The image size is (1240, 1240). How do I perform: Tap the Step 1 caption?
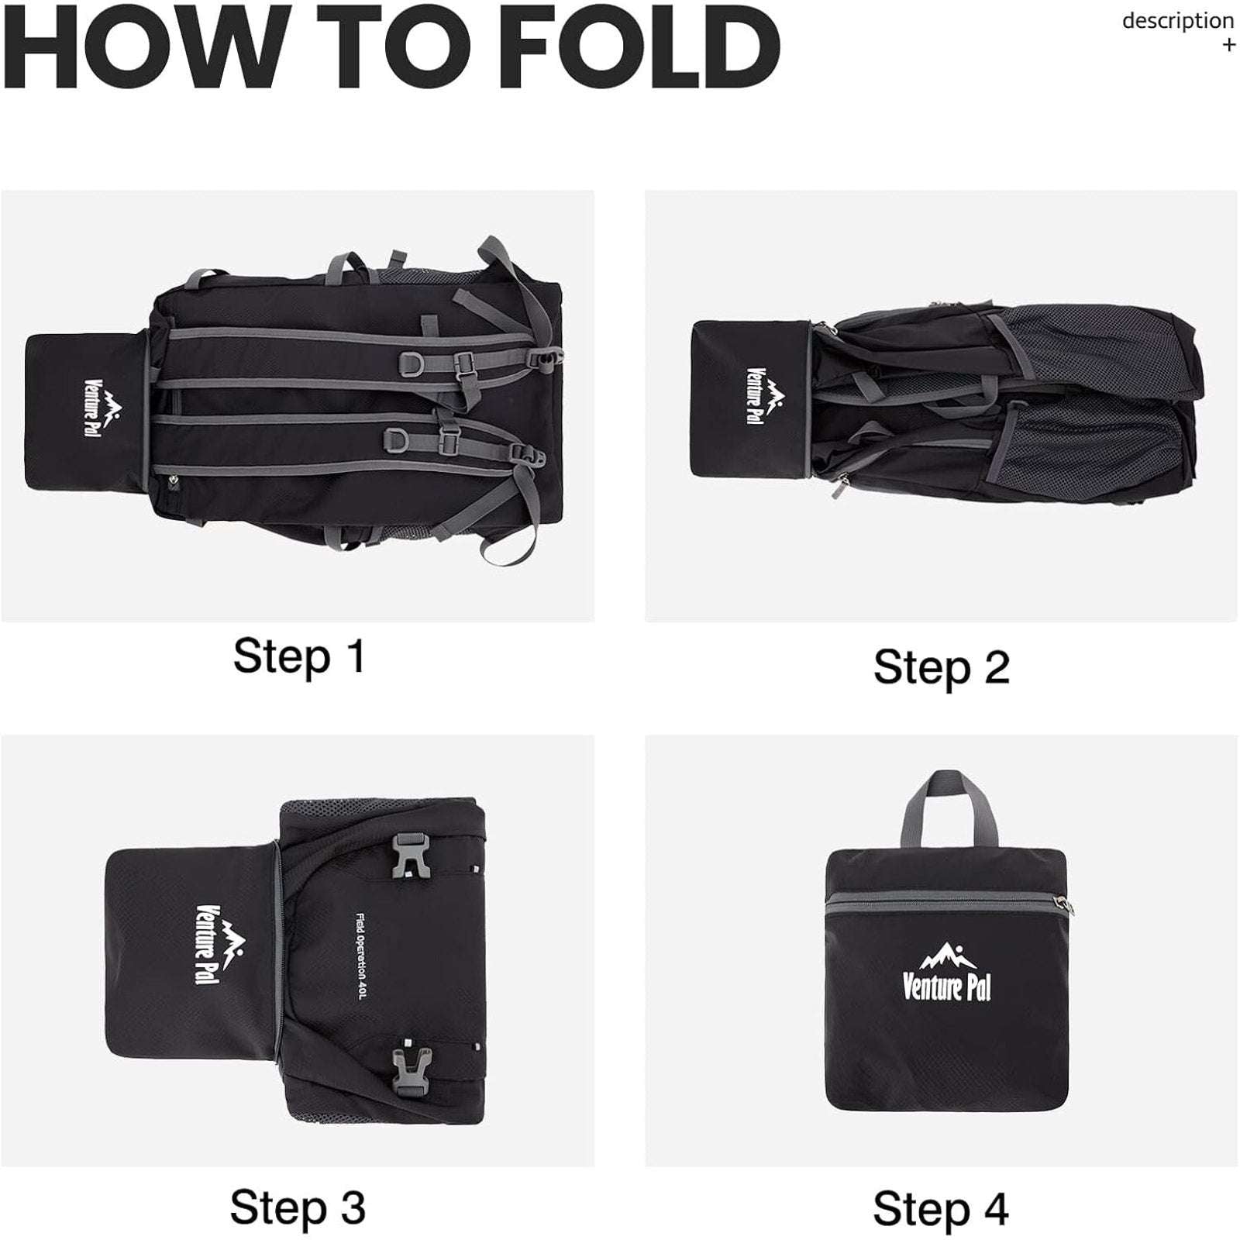coord(298,656)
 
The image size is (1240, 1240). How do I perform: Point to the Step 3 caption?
coord(298,1207)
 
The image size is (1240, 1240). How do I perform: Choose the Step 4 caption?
coord(941,1208)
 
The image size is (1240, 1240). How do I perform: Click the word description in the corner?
coord(1178,21)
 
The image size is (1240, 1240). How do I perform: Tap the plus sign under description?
coord(1228,45)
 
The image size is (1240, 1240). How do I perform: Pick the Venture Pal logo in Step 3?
coord(219,945)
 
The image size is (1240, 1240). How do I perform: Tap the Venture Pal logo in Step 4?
coord(946,972)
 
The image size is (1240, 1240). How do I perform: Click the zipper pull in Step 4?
coord(1063,904)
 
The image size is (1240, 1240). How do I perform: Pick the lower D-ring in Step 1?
coord(399,439)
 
